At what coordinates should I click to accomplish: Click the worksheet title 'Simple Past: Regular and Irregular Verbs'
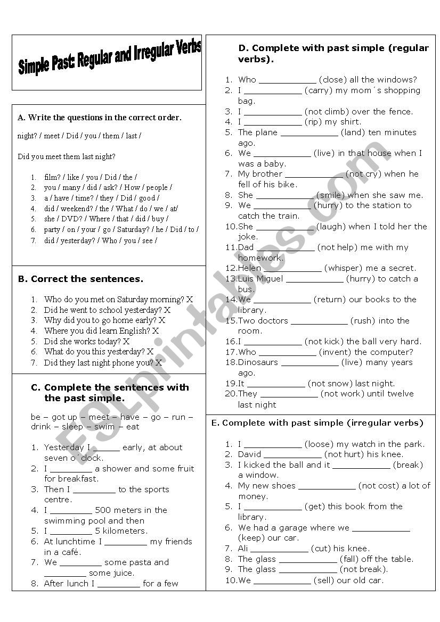109,59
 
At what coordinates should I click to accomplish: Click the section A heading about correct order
100,118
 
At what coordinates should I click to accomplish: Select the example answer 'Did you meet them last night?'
67,156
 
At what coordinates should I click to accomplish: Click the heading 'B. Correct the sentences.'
81,279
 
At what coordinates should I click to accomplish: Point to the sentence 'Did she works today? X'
87,341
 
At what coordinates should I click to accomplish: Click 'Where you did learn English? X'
101,330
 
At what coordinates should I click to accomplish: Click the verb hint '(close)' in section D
332,80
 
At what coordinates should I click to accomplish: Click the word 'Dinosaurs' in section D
258,362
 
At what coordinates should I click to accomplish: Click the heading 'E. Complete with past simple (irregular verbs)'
317,423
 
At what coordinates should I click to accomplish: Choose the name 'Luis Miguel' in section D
260,279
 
